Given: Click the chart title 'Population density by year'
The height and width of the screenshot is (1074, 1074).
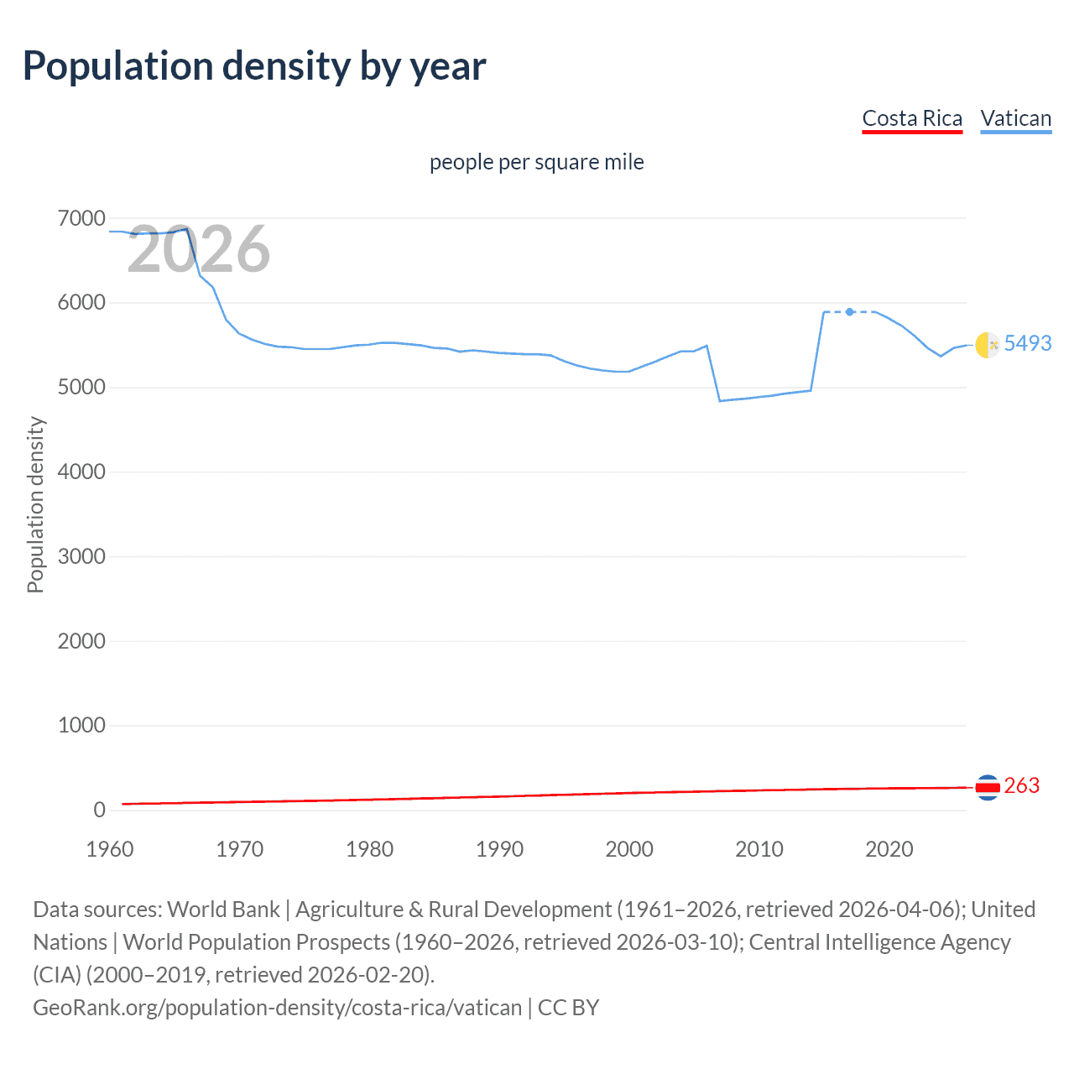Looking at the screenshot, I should pyautogui.click(x=254, y=66).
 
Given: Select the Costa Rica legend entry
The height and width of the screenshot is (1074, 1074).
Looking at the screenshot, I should pyautogui.click(x=912, y=118).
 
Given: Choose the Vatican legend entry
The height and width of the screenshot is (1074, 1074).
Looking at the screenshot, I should pyautogui.click(x=1015, y=118).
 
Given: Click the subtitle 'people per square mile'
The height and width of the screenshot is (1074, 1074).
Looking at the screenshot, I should pyautogui.click(x=536, y=162).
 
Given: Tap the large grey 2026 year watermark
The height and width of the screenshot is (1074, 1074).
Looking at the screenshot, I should pyautogui.click(x=199, y=249).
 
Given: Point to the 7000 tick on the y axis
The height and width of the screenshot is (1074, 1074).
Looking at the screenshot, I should pyautogui.click(x=81, y=219).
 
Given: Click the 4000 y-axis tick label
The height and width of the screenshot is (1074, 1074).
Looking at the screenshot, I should pyautogui.click(x=81, y=472).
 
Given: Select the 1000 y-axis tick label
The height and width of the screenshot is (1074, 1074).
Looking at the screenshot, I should pyautogui.click(x=81, y=726).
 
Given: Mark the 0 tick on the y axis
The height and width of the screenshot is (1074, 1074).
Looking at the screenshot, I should pyautogui.click(x=99, y=811).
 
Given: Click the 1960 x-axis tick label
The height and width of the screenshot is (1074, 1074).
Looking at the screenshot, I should pyautogui.click(x=110, y=849).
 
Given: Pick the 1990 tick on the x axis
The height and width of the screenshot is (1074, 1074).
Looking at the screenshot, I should pyautogui.click(x=499, y=849).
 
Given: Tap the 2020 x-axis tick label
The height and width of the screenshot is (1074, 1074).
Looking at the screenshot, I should pyautogui.click(x=889, y=849).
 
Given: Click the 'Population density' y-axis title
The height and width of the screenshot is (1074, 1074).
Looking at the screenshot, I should pyautogui.click(x=35, y=505).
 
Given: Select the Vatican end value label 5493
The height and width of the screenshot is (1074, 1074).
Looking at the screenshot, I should pyautogui.click(x=1027, y=343).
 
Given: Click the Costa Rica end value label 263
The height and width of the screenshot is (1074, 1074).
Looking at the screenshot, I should pyautogui.click(x=1021, y=786).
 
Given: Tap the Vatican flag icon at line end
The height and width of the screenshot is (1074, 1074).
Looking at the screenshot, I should pyautogui.click(x=987, y=345).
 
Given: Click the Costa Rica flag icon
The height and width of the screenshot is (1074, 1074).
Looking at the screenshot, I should pyautogui.click(x=988, y=787).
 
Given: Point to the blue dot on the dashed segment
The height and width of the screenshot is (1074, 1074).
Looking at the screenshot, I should pyautogui.click(x=850, y=312).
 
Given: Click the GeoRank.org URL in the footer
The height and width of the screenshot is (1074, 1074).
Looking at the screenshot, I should pyautogui.click(x=277, y=1008).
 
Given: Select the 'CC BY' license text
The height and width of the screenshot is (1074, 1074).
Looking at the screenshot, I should pyautogui.click(x=568, y=1008).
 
